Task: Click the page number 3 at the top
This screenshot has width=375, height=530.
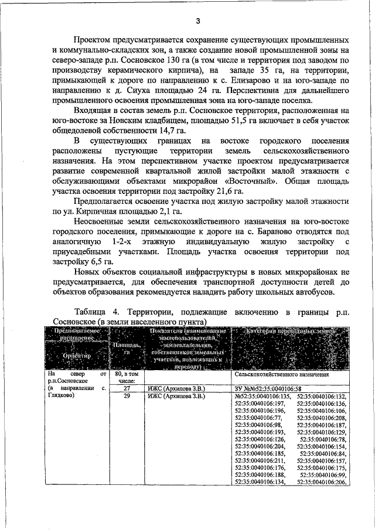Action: click(x=198, y=22)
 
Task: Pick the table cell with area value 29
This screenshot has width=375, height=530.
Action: click(x=127, y=396)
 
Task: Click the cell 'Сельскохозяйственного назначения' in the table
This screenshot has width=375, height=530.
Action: click(x=281, y=374)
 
